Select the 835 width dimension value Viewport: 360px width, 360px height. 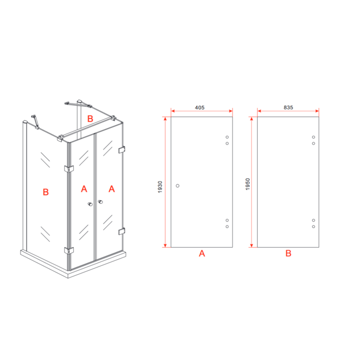287,107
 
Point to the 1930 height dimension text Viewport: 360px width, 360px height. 160,187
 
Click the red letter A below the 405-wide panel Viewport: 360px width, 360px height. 202,254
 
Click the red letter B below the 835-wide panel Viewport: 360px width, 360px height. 288,254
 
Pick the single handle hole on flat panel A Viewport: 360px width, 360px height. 177,186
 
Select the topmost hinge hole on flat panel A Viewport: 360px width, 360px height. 227,137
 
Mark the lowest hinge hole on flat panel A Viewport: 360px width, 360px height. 227,227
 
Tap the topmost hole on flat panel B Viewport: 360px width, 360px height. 313,137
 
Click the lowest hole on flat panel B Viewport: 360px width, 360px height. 313,227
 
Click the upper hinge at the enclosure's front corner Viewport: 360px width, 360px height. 69,168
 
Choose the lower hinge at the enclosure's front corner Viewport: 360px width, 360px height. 69,250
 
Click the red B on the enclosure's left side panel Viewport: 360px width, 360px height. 46,192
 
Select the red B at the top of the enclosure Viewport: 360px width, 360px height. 91,118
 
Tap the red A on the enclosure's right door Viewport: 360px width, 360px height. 111,189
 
